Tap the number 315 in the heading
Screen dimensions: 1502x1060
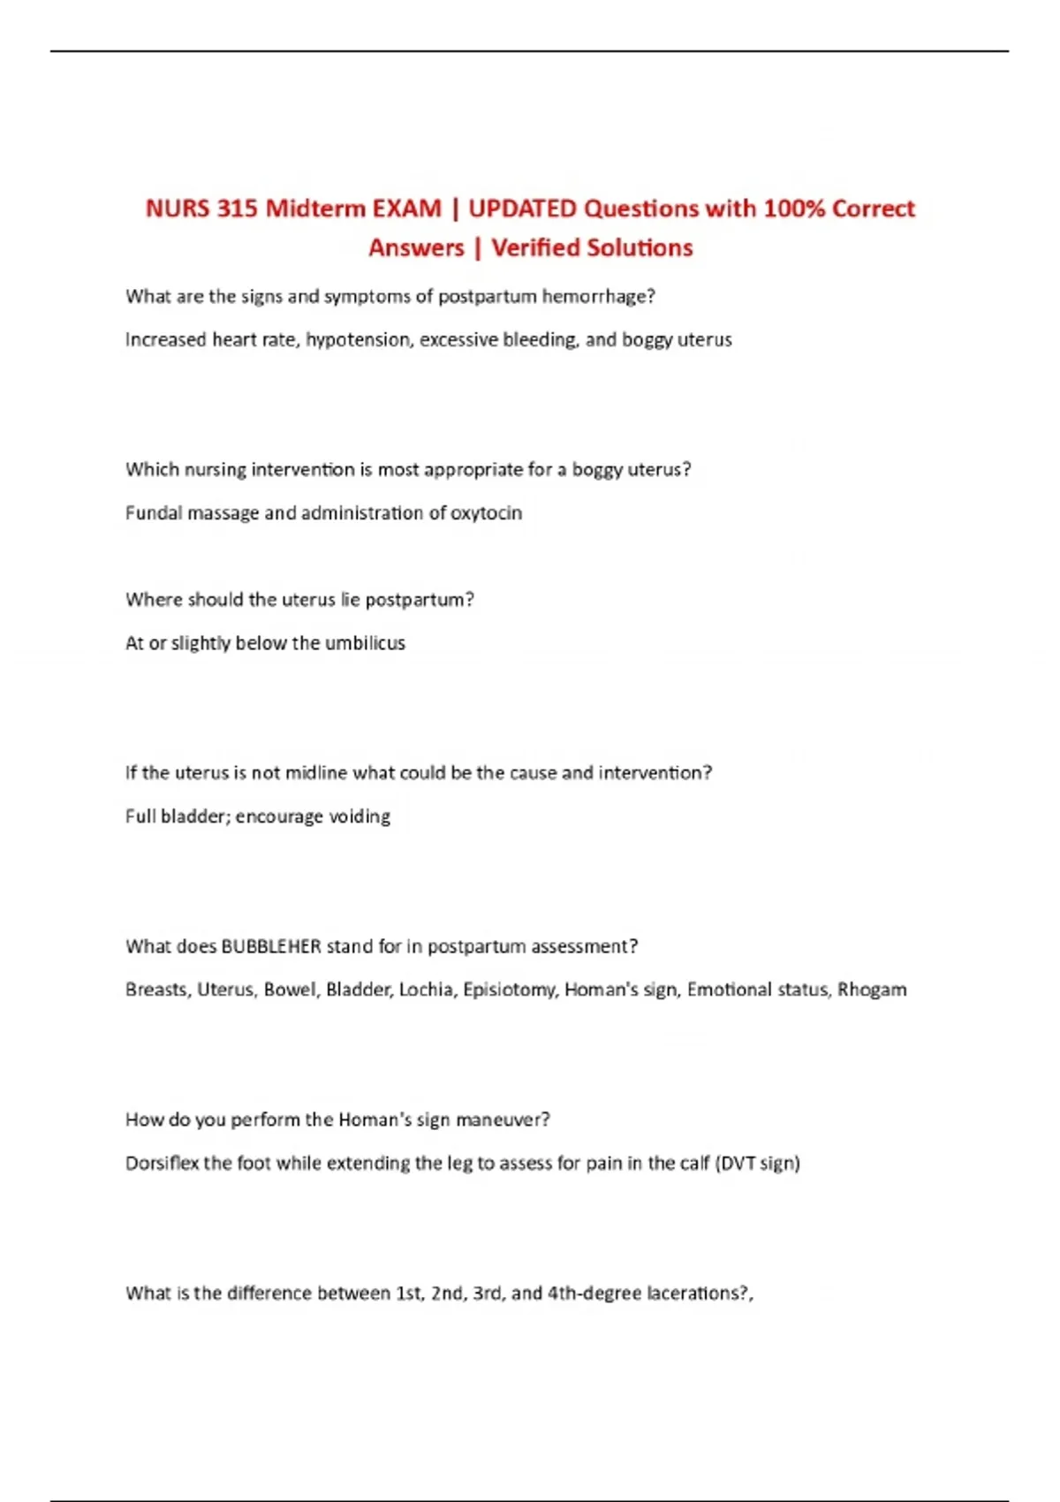tap(237, 209)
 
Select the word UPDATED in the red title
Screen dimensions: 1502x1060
tap(522, 209)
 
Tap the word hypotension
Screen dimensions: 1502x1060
tap(358, 340)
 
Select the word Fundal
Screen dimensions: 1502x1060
tap(153, 513)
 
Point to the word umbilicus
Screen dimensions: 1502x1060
tap(365, 643)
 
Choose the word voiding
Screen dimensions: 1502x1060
tap(360, 816)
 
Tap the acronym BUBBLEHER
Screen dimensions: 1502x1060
tap(271, 946)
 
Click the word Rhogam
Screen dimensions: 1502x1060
tap(872, 990)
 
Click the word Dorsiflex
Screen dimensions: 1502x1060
tap(162, 1164)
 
